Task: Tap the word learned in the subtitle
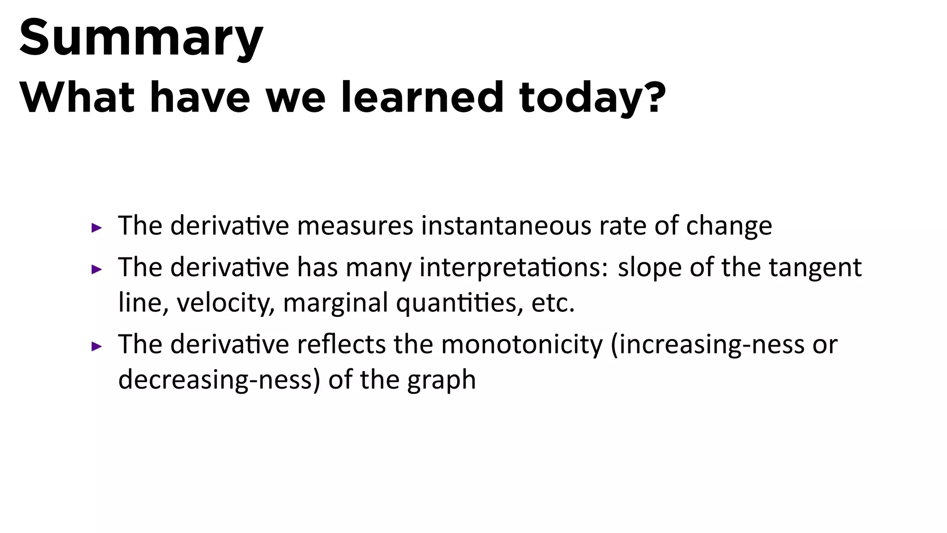[421, 97]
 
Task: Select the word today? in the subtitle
[592, 98]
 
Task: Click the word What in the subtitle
[77, 97]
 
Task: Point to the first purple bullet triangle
[96, 228]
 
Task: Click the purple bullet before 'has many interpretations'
[96, 269]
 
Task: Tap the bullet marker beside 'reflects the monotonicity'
[96, 346]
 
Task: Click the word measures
[355, 226]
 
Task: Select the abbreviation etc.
[553, 304]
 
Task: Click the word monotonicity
[522, 345]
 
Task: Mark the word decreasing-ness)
[219, 380]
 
